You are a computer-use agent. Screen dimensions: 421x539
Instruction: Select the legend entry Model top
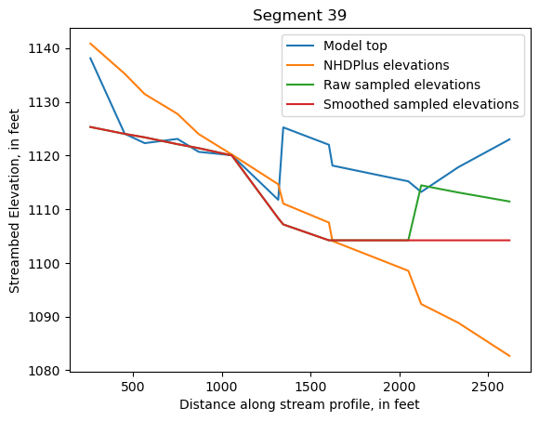(355, 46)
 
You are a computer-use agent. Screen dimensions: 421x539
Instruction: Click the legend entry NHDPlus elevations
(386, 65)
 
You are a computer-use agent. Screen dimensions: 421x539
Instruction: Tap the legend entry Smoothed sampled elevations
(420, 104)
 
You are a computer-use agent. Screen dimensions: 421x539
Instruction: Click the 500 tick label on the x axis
(133, 387)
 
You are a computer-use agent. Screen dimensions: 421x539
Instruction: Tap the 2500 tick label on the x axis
(488, 387)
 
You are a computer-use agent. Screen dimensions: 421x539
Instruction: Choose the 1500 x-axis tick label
(310, 387)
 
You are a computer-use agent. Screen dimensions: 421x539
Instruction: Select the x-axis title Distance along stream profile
(300, 405)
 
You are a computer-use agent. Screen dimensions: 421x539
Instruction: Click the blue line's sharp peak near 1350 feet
(283, 127)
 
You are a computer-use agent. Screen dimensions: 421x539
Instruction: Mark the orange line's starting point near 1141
(90, 43)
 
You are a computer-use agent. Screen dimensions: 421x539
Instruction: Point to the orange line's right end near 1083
(509, 356)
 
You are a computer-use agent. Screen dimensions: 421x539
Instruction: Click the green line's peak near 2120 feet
(422, 185)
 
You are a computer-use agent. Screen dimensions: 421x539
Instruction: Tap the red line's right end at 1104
(509, 240)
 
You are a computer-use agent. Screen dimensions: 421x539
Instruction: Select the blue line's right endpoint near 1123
(509, 139)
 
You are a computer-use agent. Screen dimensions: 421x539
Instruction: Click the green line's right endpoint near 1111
(509, 202)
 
